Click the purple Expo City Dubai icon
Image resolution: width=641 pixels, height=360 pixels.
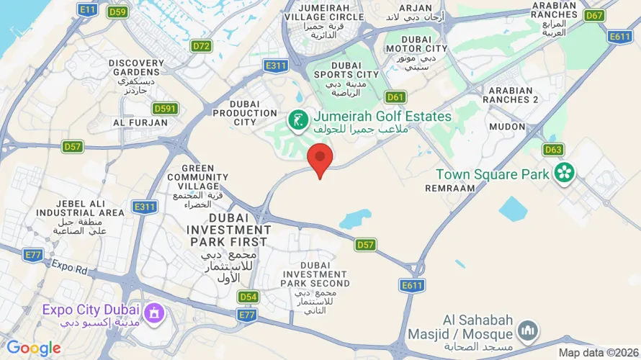(x=153, y=313)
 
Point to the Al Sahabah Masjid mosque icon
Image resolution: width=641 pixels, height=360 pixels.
(x=528, y=330)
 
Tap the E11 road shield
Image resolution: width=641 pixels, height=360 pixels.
(x=88, y=9)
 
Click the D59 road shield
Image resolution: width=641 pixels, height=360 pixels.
(x=117, y=12)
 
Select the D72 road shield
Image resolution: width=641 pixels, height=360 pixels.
(x=202, y=46)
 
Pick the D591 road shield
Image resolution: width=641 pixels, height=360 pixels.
(x=166, y=109)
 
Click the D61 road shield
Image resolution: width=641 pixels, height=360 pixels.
(x=395, y=96)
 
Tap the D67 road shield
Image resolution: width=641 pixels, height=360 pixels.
(x=594, y=15)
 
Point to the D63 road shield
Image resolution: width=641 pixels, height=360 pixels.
(x=553, y=150)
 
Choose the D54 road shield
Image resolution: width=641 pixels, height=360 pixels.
(x=248, y=297)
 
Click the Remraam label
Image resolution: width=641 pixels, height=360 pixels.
(x=450, y=187)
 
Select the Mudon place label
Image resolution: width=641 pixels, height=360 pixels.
(x=507, y=127)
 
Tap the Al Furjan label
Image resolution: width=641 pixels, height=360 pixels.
(x=140, y=123)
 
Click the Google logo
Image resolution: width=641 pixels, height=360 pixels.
(x=34, y=348)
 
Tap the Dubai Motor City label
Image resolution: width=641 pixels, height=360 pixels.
(x=416, y=48)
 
